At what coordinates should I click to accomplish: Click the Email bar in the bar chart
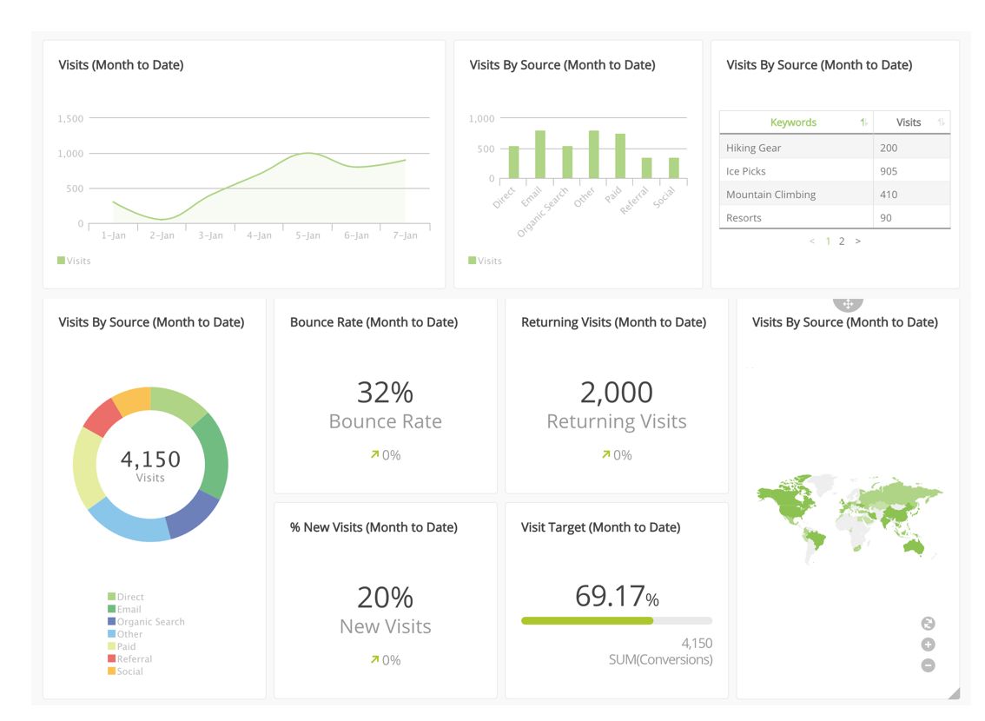click(539, 155)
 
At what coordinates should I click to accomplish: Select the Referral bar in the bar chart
click(646, 169)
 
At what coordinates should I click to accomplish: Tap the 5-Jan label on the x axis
click(307, 235)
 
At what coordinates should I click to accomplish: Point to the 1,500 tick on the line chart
click(70, 118)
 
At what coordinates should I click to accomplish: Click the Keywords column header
click(793, 122)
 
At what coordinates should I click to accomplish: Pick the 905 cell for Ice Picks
click(889, 171)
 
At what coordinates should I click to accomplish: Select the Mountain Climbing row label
click(770, 195)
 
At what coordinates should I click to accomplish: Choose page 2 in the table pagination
click(842, 241)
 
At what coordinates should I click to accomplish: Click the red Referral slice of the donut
click(102, 417)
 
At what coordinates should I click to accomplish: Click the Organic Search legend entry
click(150, 622)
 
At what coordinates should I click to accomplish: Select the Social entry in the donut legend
click(129, 671)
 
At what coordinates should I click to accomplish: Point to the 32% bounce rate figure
click(385, 393)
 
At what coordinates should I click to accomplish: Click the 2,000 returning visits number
click(616, 393)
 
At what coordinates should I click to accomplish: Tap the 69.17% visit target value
click(616, 597)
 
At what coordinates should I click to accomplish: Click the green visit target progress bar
click(587, 621)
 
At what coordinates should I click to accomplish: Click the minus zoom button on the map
click(928, 665)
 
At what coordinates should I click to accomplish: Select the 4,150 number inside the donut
click(150, 459)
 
